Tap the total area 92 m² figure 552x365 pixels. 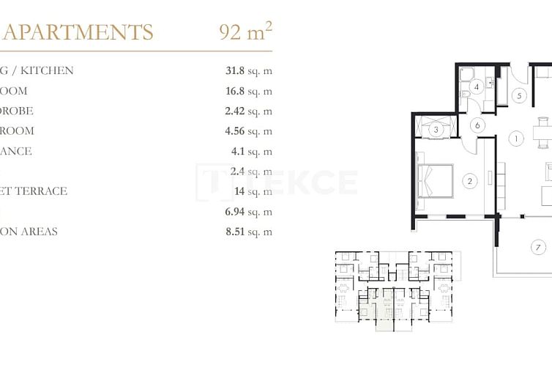click(x=245, y=32)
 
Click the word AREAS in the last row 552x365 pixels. click(x=40, y=232)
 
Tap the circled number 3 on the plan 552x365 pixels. click(x=436, y=130)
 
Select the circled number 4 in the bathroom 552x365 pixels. click(x=477, y=87)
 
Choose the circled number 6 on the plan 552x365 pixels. click(x=477, y=125)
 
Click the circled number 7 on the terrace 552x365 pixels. click(x=538, y=247)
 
